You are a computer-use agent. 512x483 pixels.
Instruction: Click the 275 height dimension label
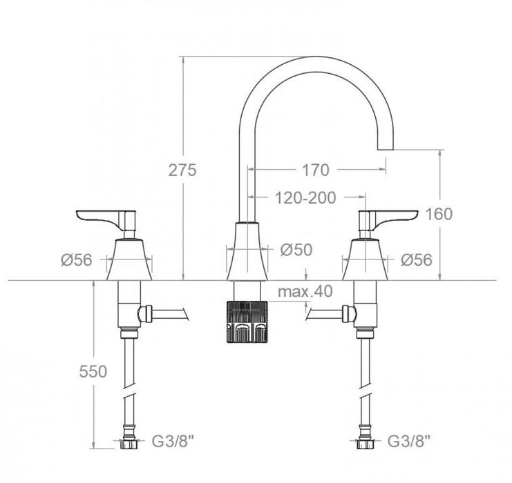(x=183, y=170)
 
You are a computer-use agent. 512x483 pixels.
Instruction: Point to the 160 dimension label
(x=459, y=214)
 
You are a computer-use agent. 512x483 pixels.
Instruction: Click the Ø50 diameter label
(x=297, y=250)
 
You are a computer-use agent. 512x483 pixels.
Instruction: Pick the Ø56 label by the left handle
(x=76, y=260)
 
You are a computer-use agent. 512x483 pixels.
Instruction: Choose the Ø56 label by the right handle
(x=417, y=260)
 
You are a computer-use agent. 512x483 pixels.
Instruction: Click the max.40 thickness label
(x=305, y=291)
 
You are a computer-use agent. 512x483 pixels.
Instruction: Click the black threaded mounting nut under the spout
(x=246, y=321)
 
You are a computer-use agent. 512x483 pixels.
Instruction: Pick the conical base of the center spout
(x=246, y=252)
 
